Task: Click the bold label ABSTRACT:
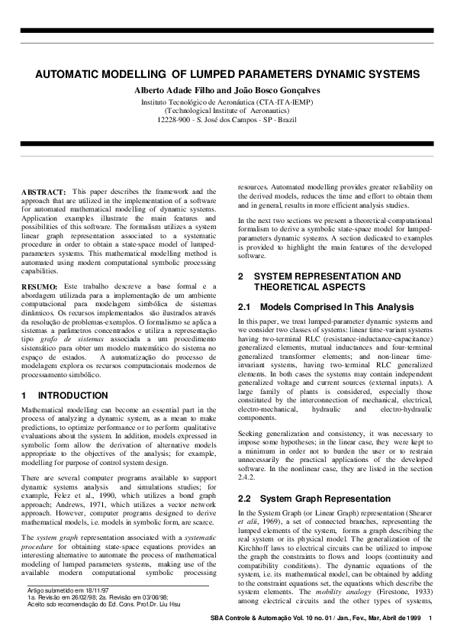tap(43, 191)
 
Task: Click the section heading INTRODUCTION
tap(72, 396)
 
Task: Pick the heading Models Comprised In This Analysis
tap(335, 307)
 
